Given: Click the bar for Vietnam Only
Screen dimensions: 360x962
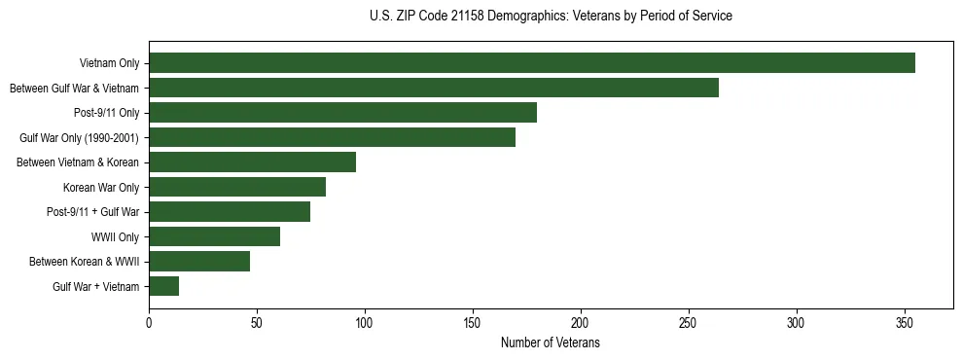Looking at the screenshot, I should (x=532, y=63).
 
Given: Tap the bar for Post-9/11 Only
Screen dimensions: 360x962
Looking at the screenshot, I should (x=342, y=113).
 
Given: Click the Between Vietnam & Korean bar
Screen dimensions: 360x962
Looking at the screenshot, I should (x=252, y=162).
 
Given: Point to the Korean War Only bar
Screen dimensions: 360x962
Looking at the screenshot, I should (x=237, y=187).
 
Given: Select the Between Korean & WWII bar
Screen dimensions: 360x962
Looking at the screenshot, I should (x=199, y=261).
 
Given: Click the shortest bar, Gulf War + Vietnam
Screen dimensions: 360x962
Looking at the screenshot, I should (x=163, y=286).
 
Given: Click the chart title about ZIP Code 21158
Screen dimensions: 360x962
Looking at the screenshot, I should (x=551, y=17).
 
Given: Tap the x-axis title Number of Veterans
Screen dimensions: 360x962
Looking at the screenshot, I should (x=551, y=343).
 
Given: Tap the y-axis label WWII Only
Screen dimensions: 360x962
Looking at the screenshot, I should (x=115, y=236).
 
